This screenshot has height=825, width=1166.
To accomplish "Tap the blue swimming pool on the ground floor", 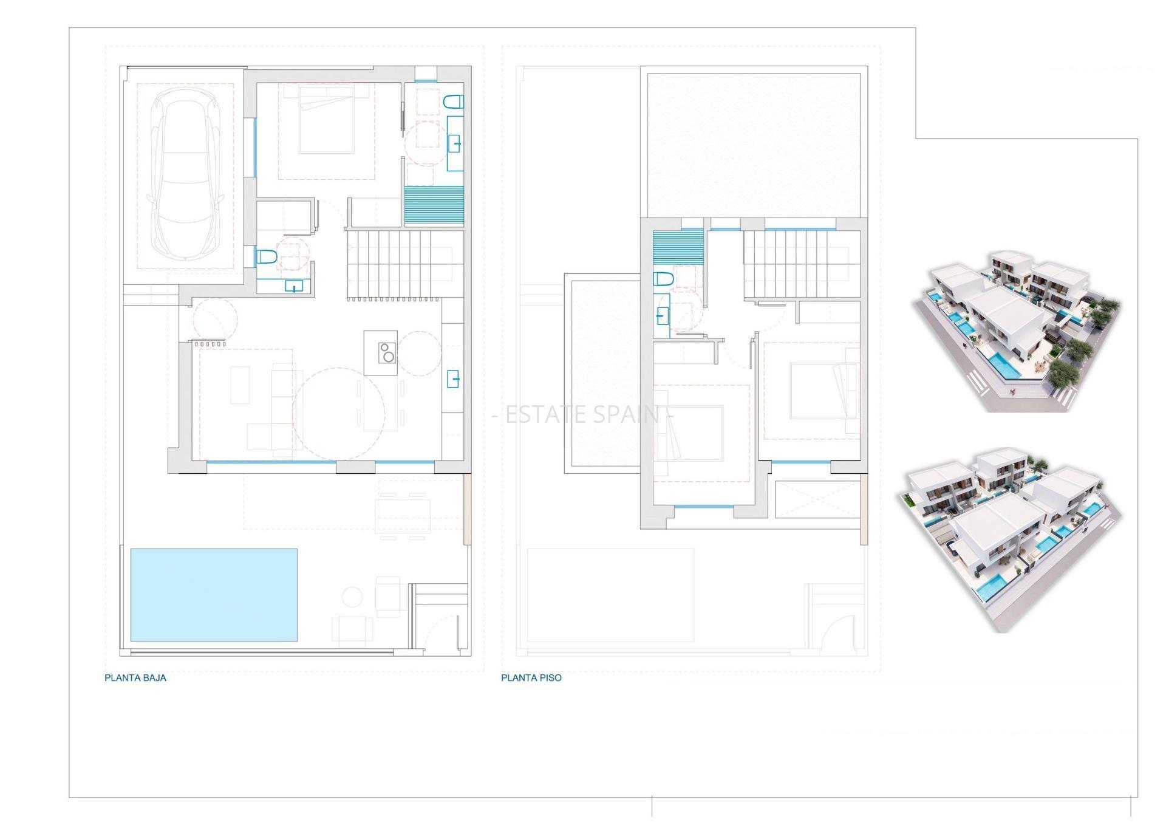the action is (x=214, y=595).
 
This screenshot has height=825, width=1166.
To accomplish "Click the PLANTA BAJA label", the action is (x=135, y=678).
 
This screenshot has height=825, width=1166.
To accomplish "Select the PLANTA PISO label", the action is (x=531, y=678).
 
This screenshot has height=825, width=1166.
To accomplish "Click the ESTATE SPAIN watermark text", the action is (x=582, y=415).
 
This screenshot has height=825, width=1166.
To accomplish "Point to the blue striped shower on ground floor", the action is (x=434, y=206).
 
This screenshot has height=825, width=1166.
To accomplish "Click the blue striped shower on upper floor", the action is (x=678, y=247).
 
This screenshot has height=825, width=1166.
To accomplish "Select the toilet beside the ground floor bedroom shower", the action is (x=454, y=101).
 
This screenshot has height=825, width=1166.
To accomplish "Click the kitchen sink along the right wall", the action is (x=453, y=379).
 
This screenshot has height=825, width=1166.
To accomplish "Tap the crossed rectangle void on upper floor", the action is (x=818, y=499).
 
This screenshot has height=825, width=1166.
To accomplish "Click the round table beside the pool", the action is (x=352, y=597).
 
